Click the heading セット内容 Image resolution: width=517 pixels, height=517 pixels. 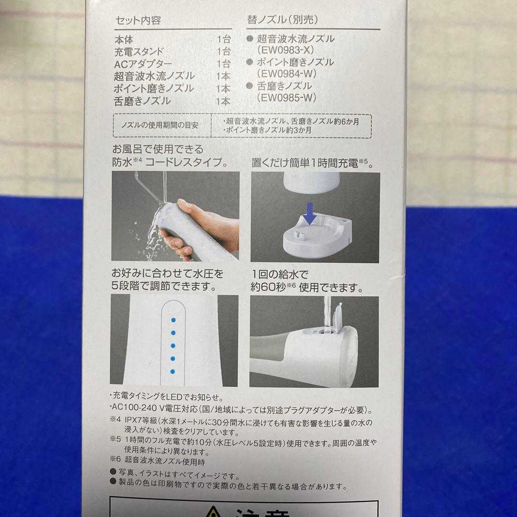point(138,21)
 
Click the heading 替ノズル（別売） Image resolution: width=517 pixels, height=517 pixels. point(282,20)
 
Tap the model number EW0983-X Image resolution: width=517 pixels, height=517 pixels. point(289,50)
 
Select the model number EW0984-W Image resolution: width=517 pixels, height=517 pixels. point(289,74)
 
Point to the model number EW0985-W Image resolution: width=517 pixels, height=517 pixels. point(289,97)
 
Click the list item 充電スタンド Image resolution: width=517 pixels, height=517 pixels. point(139,51)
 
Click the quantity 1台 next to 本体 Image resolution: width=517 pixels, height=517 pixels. point(223,39)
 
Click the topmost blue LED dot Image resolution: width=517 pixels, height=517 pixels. point(174,319)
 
